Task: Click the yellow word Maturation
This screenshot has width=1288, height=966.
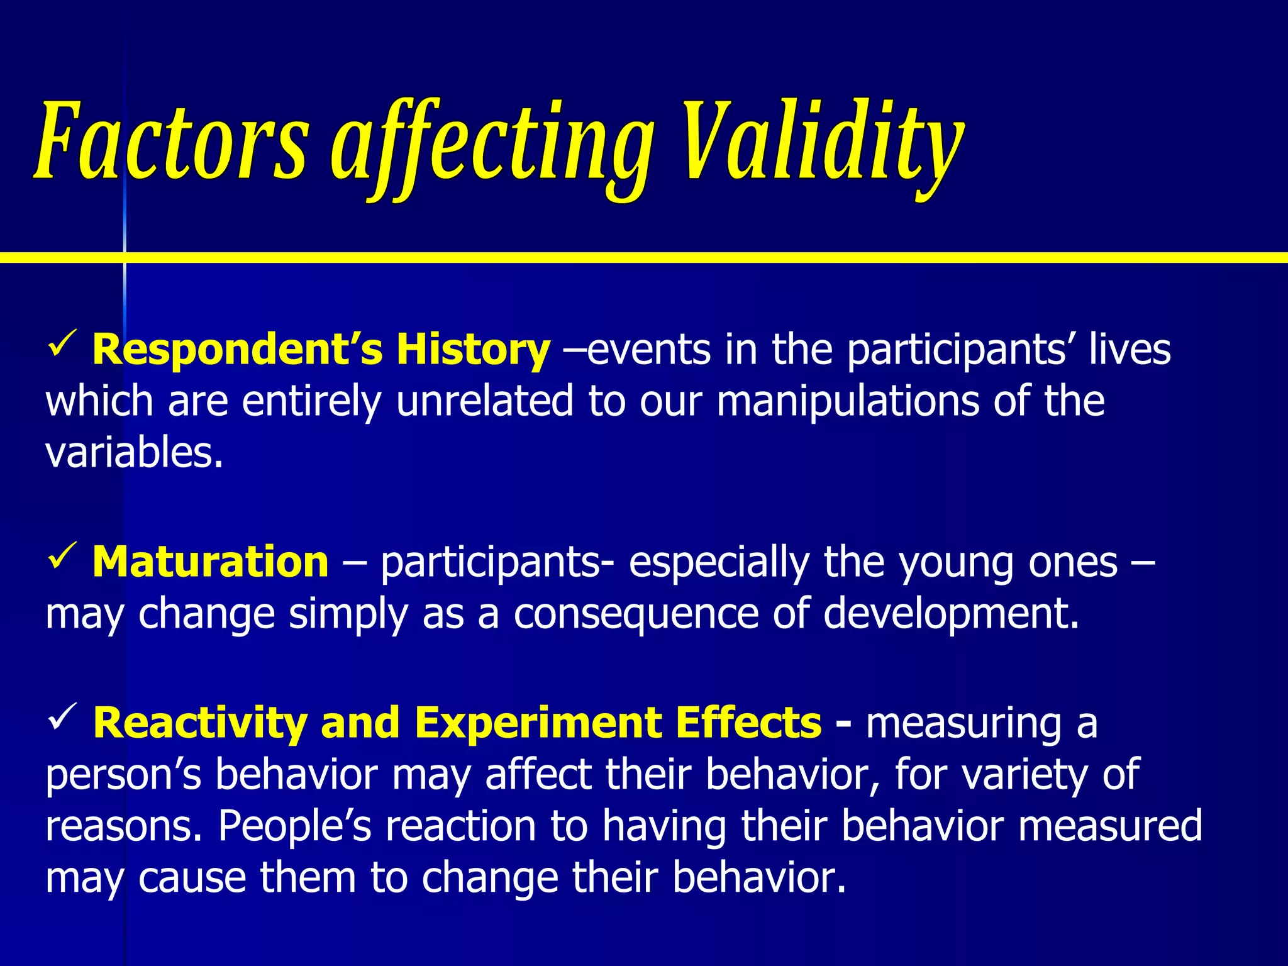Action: click(210, 561)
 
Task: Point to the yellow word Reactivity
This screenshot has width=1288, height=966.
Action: click(199, 722)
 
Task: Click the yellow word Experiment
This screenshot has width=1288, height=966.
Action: click(537, 722)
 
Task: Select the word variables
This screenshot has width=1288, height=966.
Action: click(134, 452)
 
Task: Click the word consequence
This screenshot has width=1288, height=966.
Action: click(635, 614)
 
